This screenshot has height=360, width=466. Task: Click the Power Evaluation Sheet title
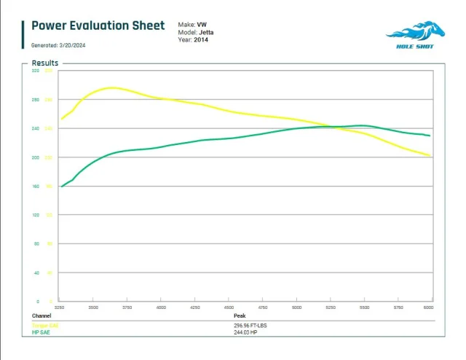[98, 26]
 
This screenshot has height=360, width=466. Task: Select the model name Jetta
[206, 32]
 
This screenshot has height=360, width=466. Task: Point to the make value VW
[202, 25]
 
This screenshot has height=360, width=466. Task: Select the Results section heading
[45, 63]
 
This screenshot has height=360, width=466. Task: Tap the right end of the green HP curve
[430, 136]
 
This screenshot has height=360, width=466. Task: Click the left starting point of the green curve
[61, 187]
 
